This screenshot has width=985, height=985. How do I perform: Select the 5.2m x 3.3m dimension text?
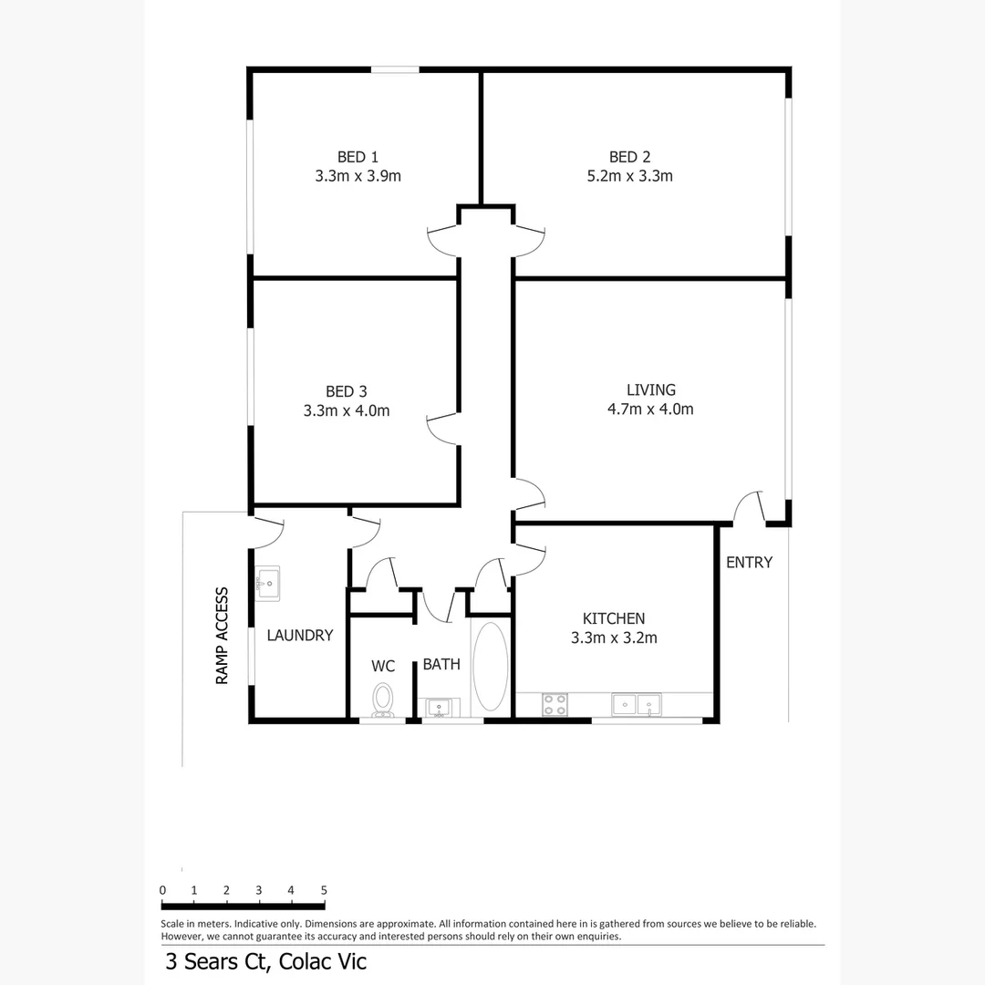[x=629, y=176]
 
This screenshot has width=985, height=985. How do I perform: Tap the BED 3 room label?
[x=347, y=391]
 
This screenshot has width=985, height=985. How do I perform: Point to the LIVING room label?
[x=650, y=389]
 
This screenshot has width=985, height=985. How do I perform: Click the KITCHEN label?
[x=614, y=618]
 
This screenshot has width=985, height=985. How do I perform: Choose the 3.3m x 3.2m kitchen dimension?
[x=614, y=638]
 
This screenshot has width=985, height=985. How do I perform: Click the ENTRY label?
[x=749, y=563]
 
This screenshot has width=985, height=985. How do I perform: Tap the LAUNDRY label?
[x=300, y=636]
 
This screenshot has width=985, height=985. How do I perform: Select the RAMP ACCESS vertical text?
[x=222, y=636]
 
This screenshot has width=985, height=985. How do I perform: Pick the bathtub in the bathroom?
[x=490, y=667]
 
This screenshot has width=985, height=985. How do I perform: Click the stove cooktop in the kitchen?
[x=555, y=704]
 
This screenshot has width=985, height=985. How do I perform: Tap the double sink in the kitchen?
[x=637, y=704]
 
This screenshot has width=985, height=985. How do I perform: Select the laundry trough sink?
[x=267, y=582]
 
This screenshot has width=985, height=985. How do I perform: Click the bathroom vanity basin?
[x=438, y=707]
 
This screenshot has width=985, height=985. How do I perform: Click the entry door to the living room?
[x=750, y=507]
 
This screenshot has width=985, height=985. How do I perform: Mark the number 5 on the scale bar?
[x=324, y=890]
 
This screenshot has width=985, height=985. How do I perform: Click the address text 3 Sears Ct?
[x=218, y=961]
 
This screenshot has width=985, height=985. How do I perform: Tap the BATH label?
[x=441, y=664]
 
